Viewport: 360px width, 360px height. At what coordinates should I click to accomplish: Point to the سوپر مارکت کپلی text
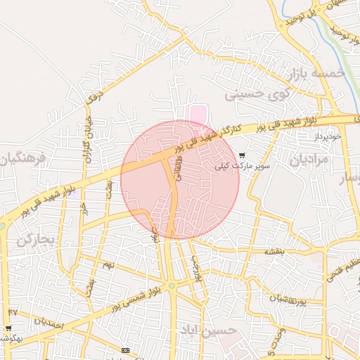pyautogui.click(x=243, y=166)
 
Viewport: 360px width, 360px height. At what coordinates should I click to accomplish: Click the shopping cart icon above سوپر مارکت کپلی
pyautogui.click(x=242, y=155)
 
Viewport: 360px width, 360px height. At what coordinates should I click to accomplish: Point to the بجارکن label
pyautogui.click(x=35, y=240)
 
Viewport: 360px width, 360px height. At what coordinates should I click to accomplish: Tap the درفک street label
pyautogui.click(x=94, y=99)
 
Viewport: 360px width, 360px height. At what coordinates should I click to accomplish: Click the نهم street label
pyautogui.click(x=108, y=264)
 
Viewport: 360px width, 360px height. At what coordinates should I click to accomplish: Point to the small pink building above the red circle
pyautogui.click(x=200, y=112)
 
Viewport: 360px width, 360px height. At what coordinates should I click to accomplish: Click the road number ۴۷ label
pyautogui.click(x=13, y=311)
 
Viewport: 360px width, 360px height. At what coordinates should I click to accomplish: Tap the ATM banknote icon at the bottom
pyautogui.click(x=125, y=350)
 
